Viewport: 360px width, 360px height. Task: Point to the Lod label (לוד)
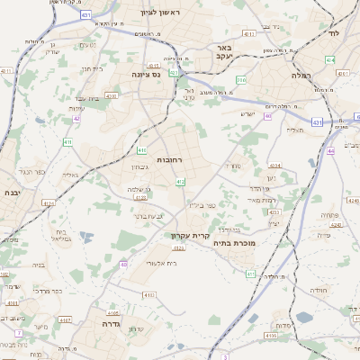click(333, 32)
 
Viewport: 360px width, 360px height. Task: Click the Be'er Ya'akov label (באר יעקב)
click(226, 52)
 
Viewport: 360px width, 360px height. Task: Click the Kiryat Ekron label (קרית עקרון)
click(189, 237)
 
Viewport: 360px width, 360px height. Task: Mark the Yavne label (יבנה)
click(13, 193)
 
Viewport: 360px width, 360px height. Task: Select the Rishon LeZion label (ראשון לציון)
click(159, 13)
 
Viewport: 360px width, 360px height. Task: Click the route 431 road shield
click(317, 121)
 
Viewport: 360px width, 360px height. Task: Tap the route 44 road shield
click(330, 151)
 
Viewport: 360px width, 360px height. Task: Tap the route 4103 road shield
click(66, 319)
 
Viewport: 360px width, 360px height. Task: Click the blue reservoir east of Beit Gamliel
click(86, 237)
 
